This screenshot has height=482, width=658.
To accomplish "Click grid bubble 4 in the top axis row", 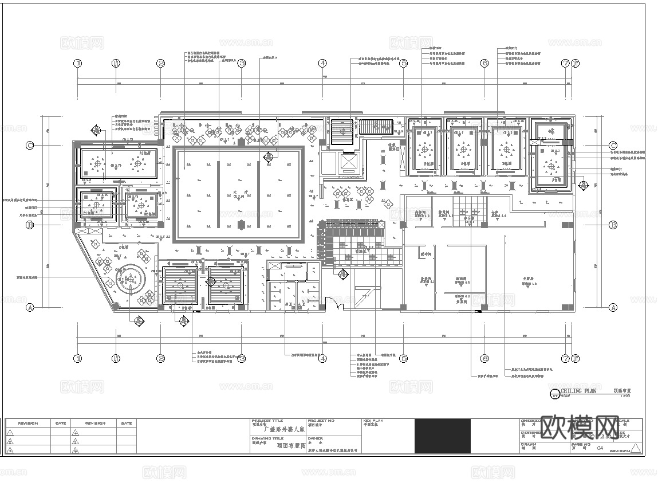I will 322,64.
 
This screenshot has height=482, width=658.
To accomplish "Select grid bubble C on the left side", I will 30,146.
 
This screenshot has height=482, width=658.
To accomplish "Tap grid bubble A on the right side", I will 613,307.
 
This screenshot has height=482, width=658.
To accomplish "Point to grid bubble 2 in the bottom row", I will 161,359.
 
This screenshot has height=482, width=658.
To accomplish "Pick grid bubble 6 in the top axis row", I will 484,64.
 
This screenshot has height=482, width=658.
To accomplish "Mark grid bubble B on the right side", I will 613,225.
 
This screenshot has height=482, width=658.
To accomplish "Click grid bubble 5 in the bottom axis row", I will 403,359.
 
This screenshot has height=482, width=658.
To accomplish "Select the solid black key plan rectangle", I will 442,437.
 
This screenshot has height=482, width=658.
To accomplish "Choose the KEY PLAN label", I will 373,421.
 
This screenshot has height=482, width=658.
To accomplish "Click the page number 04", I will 600,448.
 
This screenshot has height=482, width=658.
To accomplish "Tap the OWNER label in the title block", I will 316,438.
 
